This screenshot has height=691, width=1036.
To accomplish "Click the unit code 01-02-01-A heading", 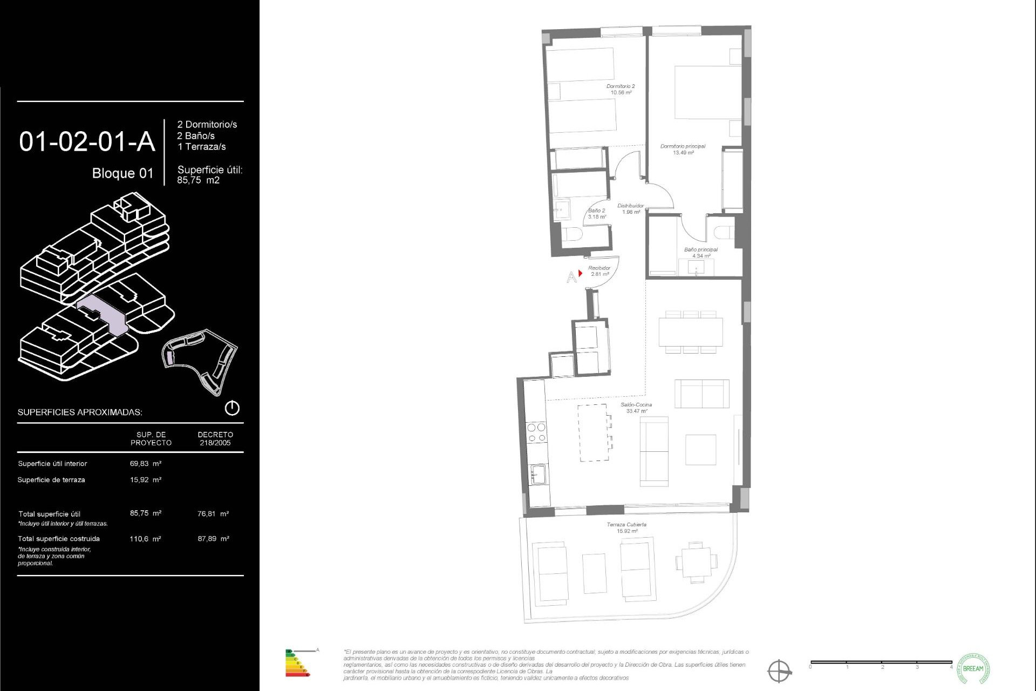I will [x=87, y=141].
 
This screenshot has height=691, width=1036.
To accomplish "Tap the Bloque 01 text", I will [x=122, y=173].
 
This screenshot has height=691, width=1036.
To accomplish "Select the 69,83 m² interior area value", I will [x=146, y=463].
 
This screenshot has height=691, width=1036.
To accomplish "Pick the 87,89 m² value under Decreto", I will [x=213, y=538].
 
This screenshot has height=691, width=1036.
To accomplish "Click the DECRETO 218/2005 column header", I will [x=215, y=438].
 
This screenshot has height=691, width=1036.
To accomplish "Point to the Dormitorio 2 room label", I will [x=621, y=89].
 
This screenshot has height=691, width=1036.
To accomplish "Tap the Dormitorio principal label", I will [x=683, y=149].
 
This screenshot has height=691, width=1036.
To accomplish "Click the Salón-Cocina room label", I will [x=636, y=408].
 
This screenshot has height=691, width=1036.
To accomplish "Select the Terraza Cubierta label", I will [x=626, y=527].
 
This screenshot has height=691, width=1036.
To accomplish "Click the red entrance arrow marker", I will [x=580, y=273].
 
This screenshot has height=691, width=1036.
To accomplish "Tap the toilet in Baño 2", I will [x=571, y=234].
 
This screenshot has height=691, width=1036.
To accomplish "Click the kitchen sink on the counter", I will [x=537, y=474].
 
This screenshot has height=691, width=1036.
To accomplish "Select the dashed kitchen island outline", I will [x=593, y=433].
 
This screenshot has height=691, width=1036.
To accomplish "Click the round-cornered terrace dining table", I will [x=696, y=561].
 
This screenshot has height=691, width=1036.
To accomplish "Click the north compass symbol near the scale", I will [x=779, y=671].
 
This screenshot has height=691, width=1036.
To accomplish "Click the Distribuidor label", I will [x=630, y=208].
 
